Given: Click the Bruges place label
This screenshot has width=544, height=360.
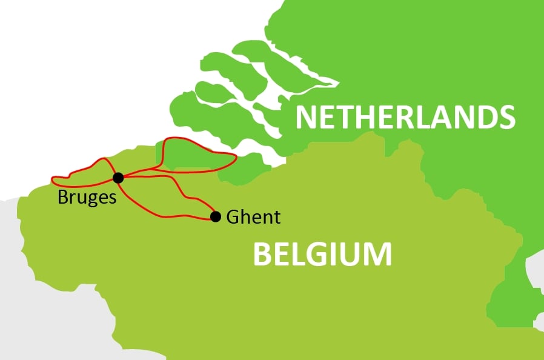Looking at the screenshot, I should pyautogui.click(x=87, y=198).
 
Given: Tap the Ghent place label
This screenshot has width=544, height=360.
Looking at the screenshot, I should pyautogui.click(x=253, y=217).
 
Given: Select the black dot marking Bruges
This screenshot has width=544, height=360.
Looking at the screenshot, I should pyautogui.click(x=118, y=178).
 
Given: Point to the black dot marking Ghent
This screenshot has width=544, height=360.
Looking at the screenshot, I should pyautogui.click(x=214, y=216).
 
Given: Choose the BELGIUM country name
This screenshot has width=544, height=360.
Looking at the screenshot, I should pyautogui.click(x=322, y=254).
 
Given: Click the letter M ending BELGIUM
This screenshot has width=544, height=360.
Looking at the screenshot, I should pyautogui.click(x=377, y=254).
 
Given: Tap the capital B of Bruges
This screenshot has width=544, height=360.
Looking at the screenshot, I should pyautogui.click(x=62, y=197).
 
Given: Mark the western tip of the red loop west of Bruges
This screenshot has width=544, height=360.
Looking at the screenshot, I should pyautogui.click(x=53, y=180).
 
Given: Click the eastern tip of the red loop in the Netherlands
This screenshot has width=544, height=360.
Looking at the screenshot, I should pyautogui.click(x=235, y=160).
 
